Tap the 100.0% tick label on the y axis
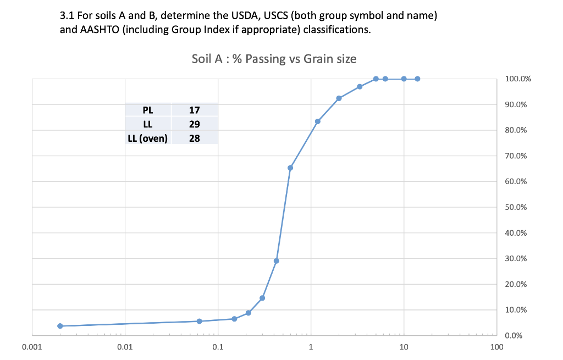[x=517, y=79]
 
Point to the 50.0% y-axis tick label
[x=516, y=208]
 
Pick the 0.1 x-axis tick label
[x=218, y=347]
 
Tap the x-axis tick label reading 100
[x=496, y=347]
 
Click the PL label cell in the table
[x=148, y=110]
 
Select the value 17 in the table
[x=194, y=110]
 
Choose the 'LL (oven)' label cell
[x=147, y=138]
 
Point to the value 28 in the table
[x=194, y=138]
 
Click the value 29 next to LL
[x=194, y=124]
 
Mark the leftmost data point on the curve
[x=60, y=326]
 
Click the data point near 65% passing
[x=290, y=168]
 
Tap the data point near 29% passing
[x=276, y=261]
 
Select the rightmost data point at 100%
[x=417, y=79]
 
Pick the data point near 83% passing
[x=318, y=121]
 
